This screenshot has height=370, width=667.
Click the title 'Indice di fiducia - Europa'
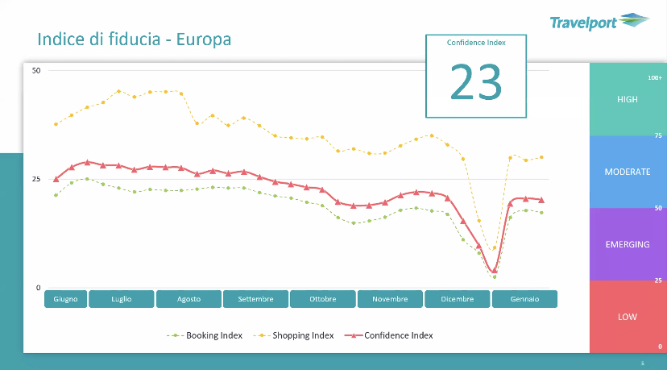(x=135, y=39)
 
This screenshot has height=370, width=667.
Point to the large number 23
(x=475, y=81)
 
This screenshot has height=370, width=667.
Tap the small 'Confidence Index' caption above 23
(x=476, y=43)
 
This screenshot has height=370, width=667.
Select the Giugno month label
(x=65, y=299)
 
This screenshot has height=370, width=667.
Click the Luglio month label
(x=122, y=299)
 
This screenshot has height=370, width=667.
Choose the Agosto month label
(x=188, y=299)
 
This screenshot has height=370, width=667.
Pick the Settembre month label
(x=255, y=299)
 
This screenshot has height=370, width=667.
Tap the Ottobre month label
(x=323, y=299)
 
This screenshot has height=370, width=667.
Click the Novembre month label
(x=390, y=299)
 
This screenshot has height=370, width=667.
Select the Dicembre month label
(x=457, y=299)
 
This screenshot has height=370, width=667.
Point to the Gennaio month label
(x=524, y=299)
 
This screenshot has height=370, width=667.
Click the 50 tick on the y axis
(x=36, y=71)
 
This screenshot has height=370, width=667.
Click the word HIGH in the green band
(x=627, y=99)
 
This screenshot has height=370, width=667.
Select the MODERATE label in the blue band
(x=627, y=172)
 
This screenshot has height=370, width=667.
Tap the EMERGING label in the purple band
(x=627, y=244)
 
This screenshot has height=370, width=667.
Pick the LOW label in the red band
(x=627, y=317)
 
